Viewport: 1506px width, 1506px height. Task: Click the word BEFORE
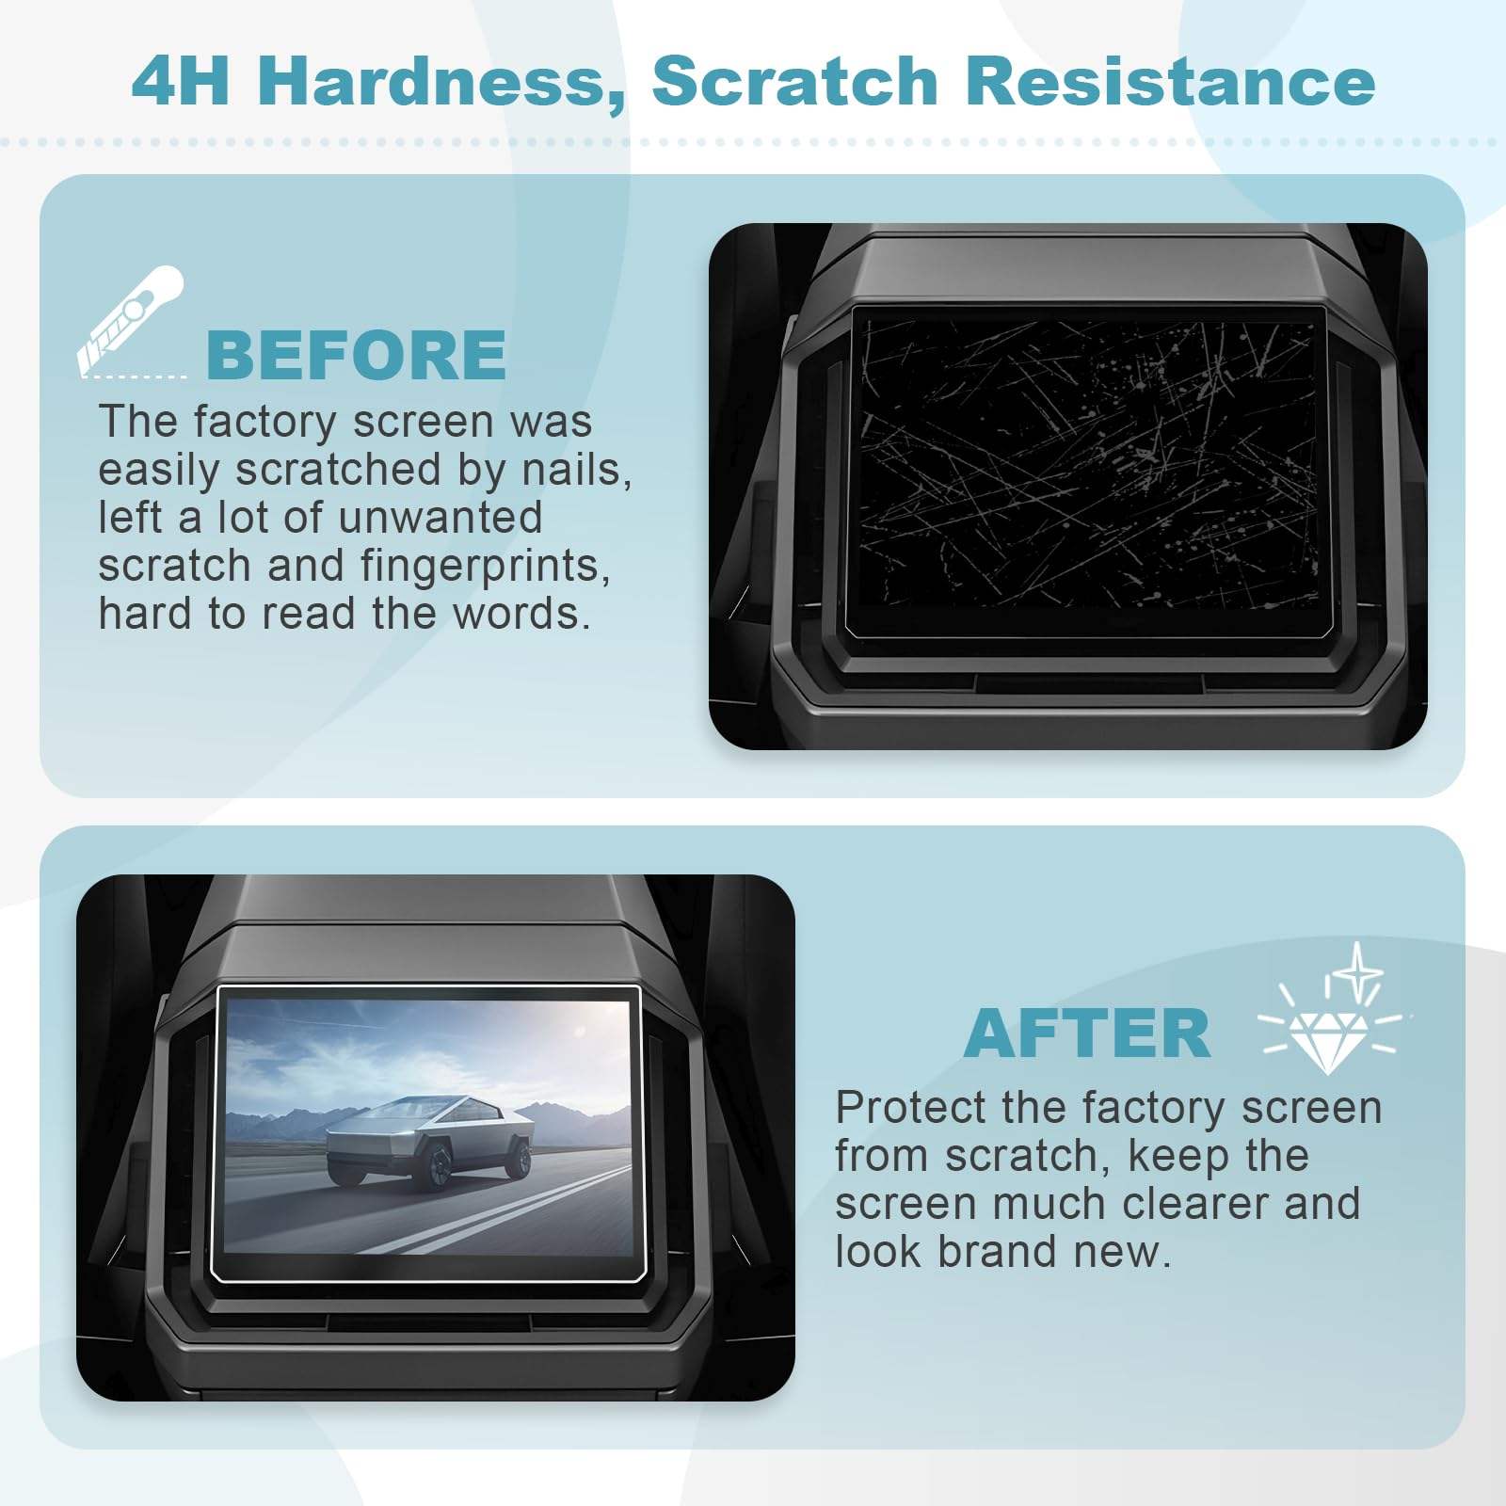tap(356, 355)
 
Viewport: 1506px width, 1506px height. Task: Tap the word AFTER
tap(1087, 1033)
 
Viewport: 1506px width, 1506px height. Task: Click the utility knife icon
tap(130, 320)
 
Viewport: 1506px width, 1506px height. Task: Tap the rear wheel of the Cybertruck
tap(517, 1157)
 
